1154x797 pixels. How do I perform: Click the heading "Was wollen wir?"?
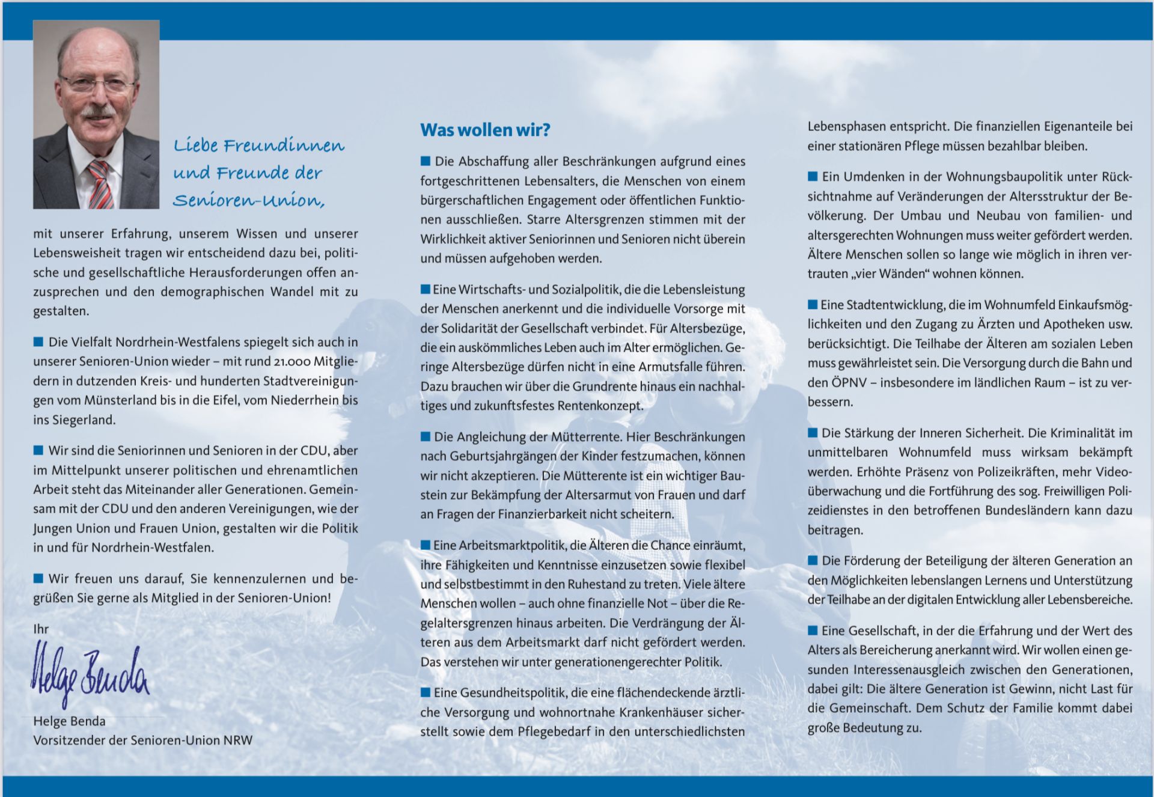[485, 130]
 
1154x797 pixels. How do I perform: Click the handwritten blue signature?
[90, 673]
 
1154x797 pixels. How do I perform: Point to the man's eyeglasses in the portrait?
[96, 84]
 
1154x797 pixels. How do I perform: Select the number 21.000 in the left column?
[293, 362]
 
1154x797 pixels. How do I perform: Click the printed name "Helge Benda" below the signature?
[69, 721]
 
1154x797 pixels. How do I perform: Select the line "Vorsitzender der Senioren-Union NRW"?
[143, 741]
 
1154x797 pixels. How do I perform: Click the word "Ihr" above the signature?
[41, 629]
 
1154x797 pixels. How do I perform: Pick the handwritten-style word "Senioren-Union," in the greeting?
[249, 200]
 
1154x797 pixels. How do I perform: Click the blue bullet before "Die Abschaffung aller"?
[426, 161]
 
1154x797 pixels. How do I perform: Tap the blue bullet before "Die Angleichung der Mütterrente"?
[426, 436]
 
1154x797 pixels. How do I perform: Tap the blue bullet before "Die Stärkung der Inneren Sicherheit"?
[813, 433]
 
